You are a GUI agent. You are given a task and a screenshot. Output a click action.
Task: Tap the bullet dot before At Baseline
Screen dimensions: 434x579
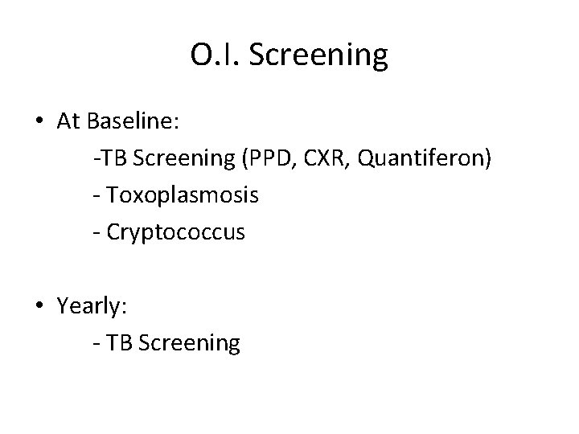tap(39, 122)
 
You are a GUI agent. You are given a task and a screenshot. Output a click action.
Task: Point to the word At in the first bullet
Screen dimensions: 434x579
tap(68, 121)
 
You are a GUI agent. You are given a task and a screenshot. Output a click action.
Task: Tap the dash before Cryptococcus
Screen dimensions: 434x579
tap(96, 234)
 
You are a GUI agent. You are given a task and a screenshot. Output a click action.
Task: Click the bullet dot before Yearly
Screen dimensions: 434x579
tap(39, 306)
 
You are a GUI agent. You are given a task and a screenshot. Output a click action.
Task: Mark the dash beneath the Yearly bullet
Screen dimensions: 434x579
tap(96, 345)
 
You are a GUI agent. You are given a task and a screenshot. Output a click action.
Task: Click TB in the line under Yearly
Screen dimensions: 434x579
tap(119, 343)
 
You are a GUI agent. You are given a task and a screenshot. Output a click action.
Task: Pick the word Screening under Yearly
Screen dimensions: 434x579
tap(189, 343)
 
